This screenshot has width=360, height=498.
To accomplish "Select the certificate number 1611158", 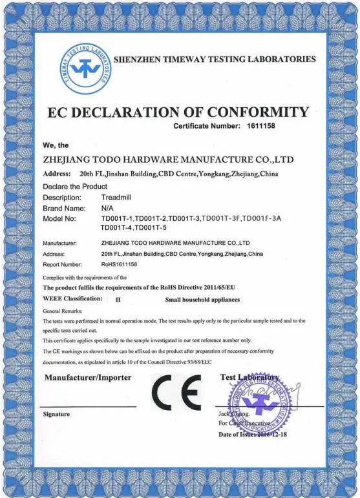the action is point(261,126).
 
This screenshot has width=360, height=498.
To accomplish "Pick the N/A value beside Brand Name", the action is point(107,209).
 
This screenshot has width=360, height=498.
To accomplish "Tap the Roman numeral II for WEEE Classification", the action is point(118,300).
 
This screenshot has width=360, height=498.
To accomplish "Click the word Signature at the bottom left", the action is point(56,414).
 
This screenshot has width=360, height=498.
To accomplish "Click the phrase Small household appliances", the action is point(202,300).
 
